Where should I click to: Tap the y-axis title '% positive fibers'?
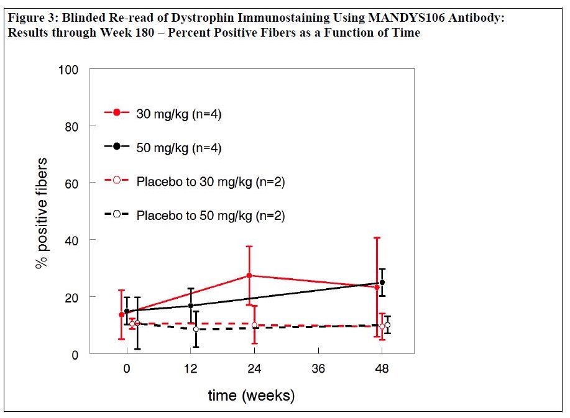42,213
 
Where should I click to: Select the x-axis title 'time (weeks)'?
251,396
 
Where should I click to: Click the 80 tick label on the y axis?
73,126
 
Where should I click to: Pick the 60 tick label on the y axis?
73,183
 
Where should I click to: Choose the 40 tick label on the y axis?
73,240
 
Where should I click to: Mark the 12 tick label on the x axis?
190,368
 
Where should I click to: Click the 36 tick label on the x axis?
318,368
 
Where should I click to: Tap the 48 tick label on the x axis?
382,368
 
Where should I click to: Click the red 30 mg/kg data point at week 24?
249,275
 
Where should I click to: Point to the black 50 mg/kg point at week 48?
382,283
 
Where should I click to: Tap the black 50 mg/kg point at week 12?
191,306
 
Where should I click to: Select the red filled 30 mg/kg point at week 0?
122,314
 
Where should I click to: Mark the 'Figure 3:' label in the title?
30,18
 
